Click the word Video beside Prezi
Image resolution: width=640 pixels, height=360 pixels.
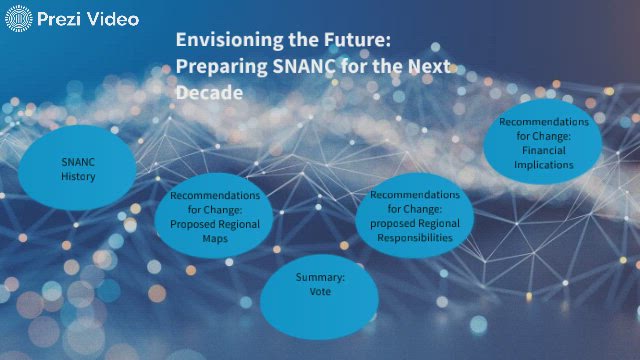click(113, 18)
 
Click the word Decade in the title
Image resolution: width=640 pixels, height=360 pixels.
click(209, 92)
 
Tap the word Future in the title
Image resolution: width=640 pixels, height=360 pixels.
click(355, 40)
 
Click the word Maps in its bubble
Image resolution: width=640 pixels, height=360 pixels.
click(215, 239)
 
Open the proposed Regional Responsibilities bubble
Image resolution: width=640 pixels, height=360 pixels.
click(415, 216)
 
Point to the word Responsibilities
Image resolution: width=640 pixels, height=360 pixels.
click(415, 238)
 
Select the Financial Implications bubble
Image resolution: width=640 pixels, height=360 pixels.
click(543, 143)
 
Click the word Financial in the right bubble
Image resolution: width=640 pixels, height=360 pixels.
click(543, 150)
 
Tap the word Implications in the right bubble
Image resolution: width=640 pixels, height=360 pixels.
click(543, 164)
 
